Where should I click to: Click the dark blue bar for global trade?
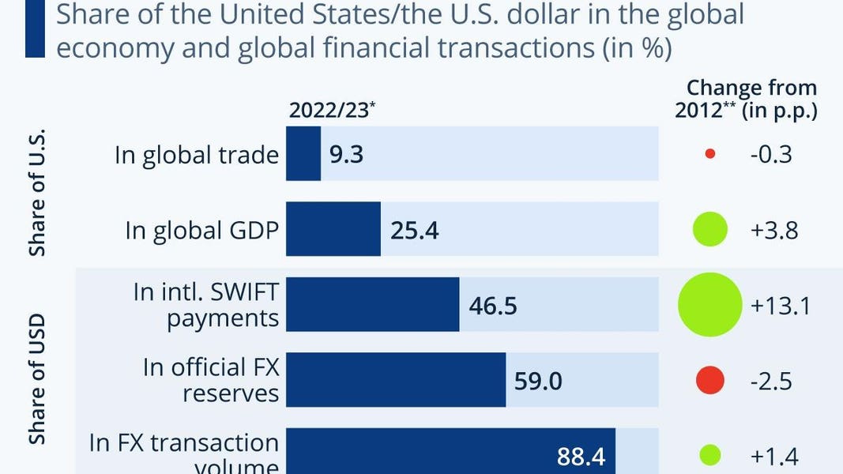[303, 154]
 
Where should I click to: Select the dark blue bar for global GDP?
[333, 230]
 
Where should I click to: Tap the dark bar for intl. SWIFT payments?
[372, 305]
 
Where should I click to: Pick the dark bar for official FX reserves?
[395, 381]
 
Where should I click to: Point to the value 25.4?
[415, 231]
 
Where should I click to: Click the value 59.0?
[539, 382]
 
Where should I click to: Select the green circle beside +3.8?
[709, 230]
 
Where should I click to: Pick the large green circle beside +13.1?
[710, 305]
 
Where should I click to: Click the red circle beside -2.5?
[709, 381]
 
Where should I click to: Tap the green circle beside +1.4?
[709, 455]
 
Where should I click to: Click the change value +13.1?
[780, 306]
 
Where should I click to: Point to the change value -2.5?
[771, 382]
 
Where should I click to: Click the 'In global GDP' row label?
[201, 231]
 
